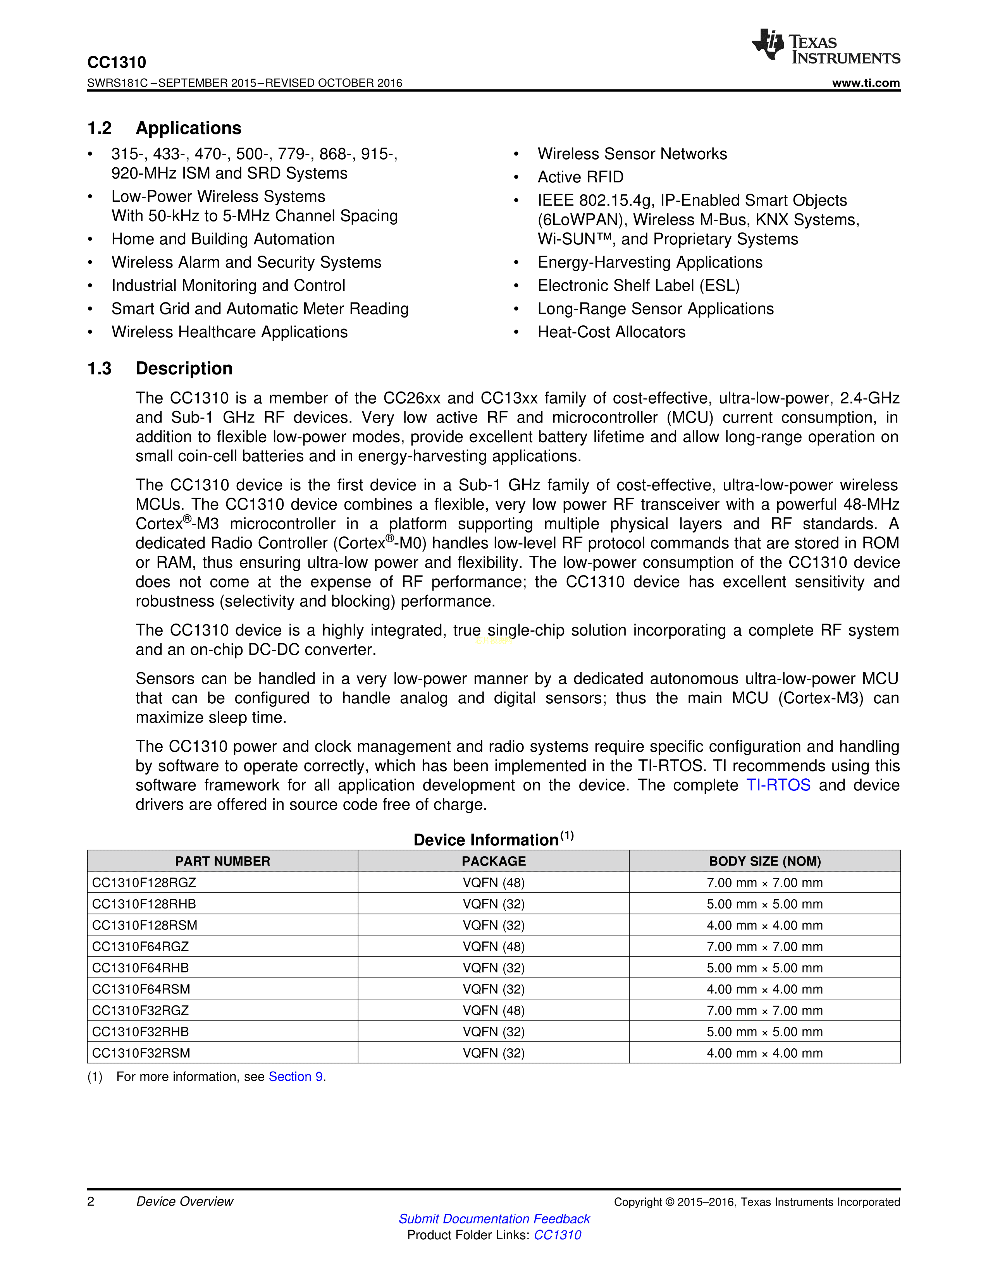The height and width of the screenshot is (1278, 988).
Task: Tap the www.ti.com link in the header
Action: (866, 83)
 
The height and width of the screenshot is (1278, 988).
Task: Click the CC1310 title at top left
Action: (117, 63)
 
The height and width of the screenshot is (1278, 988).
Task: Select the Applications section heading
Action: (188, 128)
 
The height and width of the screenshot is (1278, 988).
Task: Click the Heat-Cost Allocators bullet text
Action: (611, 332)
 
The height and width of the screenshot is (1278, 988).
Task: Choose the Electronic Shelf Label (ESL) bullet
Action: (638, 285)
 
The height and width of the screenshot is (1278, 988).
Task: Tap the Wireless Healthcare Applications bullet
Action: (229, 332)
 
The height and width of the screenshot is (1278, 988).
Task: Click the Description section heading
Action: (184, 369)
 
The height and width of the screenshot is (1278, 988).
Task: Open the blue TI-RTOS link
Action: (778, 785)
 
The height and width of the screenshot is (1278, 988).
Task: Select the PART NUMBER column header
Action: (222, 861)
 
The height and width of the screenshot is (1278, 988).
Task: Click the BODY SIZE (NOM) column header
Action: (764, 861)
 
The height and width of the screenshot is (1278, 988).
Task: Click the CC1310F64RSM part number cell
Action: (141, 989)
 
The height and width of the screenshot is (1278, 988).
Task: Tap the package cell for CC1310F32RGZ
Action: (493, 1010)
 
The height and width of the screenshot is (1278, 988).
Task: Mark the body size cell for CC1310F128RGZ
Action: (764, 883)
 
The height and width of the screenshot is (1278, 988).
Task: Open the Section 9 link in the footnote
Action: (296, 1077)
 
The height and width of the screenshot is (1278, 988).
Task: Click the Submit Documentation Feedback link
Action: (494, 1219)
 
